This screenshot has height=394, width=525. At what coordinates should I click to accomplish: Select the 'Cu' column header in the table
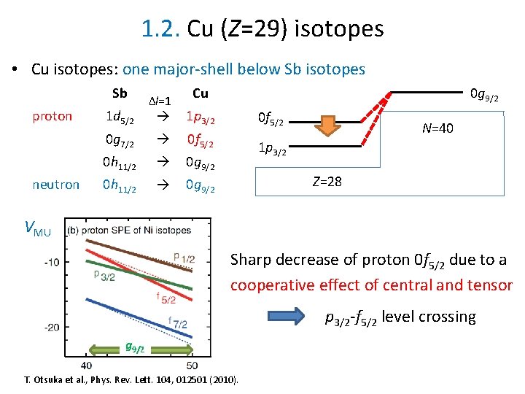point(200,93)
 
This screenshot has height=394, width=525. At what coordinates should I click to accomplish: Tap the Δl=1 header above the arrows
point(160,100)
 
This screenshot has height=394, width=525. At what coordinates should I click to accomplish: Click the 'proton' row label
point(53,116)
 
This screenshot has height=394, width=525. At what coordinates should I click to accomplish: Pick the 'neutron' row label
point(55,185)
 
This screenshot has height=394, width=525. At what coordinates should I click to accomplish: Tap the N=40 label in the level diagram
point(437,128)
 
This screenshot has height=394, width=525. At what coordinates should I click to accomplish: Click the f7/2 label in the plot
point(178,320)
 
